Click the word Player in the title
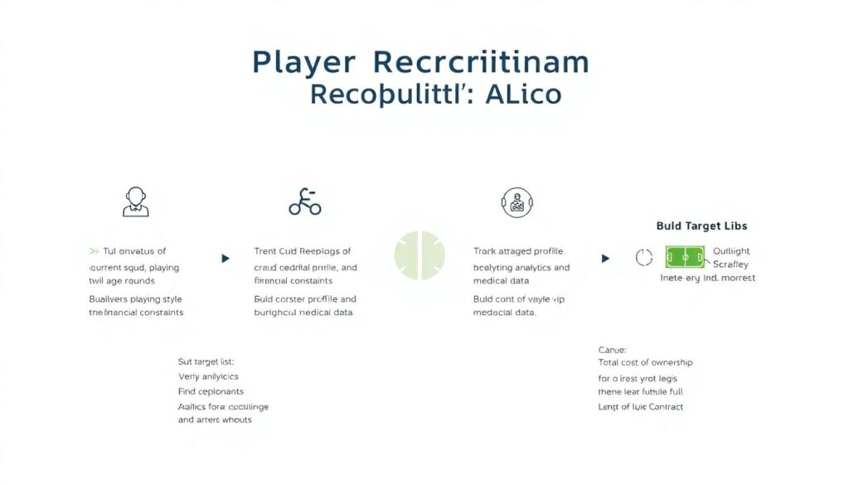pyautogui.click(x=304, y=64)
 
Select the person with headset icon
pyautogui.click(x=136, y=201)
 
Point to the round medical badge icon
pyautogui.click(x=516, y=202)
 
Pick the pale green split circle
pyautogui.click(x=420, y=255)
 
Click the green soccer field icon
pyautogui.click(x=685, y=257)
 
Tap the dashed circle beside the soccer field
pyautogui.click(x=644, y=258)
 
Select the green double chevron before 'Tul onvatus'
pyautogui.click(x=94, y=250)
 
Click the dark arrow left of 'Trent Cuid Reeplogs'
pyautogui.click(x=226, y=259)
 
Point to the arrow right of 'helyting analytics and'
pyautogui.click(x=605, y=259)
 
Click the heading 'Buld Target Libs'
pyautogui.click(x=701, y=226)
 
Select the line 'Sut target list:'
pyautogui.click(x=206, y=361)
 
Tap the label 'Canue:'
pyautogui.click(x=613, y=350)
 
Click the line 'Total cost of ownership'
pyautogui.click(x=645, y=362)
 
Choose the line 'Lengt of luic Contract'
pyautogui.click(x=641, y=406)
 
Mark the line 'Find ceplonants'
pyautogui.click(x=211, y=390)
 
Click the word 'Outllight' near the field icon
pyautogui.click(x=731, y=251)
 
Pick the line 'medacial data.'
pyautogui.click(x=504, y=313)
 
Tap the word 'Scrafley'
pyautogui.click(x=730, y=264)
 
